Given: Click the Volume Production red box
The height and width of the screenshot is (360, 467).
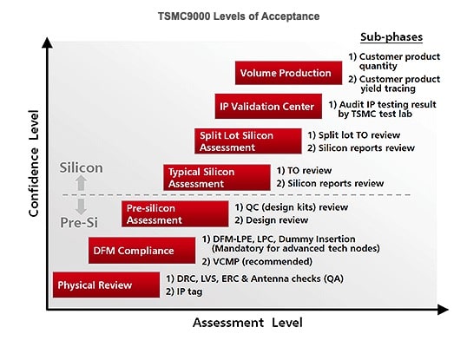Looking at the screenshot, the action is pos(288,73).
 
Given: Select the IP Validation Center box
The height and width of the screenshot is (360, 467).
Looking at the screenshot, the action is pos(268,106).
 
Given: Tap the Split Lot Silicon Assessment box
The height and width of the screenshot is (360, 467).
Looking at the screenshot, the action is pos(248,141).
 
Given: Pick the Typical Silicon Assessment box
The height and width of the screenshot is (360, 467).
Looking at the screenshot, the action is pos(217,178).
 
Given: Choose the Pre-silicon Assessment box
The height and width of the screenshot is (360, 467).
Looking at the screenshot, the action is pos(174,214).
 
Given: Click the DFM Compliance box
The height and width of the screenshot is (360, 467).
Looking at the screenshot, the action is pos(141,251).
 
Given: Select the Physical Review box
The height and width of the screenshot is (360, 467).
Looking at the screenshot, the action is pos(106,285).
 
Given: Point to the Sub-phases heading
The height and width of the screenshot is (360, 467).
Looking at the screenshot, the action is pos(391,37).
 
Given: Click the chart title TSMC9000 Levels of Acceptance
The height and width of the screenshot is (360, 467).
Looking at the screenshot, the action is pos(239,16).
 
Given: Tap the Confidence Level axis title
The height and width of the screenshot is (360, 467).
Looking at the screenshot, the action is pos(34,163).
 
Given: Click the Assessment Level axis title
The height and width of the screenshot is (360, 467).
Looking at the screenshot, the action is pos(247,323).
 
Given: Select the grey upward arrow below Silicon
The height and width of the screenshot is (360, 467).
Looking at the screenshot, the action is pos(81,183).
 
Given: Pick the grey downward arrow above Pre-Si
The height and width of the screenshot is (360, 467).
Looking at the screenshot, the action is pos(81,206).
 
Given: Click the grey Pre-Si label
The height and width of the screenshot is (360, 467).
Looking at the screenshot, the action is pos(79,223).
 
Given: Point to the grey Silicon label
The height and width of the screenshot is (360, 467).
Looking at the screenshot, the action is pos(81,167).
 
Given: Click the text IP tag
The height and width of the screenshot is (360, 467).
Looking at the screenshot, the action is pos(189,291).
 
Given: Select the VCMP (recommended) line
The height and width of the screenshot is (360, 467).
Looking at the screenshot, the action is pos(263,261).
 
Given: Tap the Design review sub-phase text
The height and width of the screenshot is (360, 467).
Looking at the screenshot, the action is pos(277,219).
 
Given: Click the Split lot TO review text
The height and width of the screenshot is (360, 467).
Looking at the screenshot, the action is pos(359,135).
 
